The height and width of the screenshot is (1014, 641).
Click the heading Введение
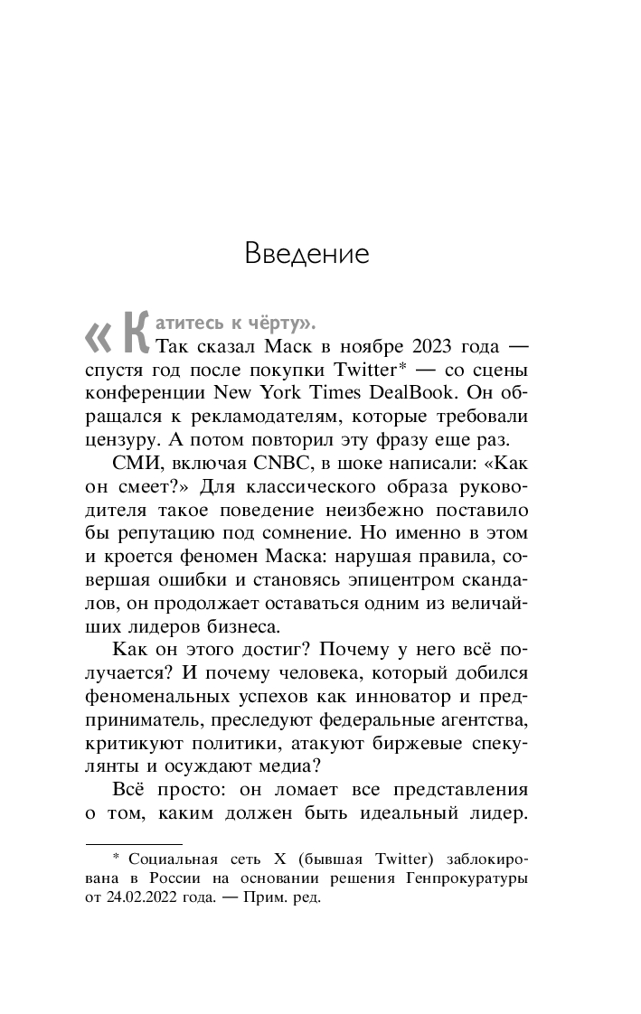307,253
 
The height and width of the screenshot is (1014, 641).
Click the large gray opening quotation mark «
97,336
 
